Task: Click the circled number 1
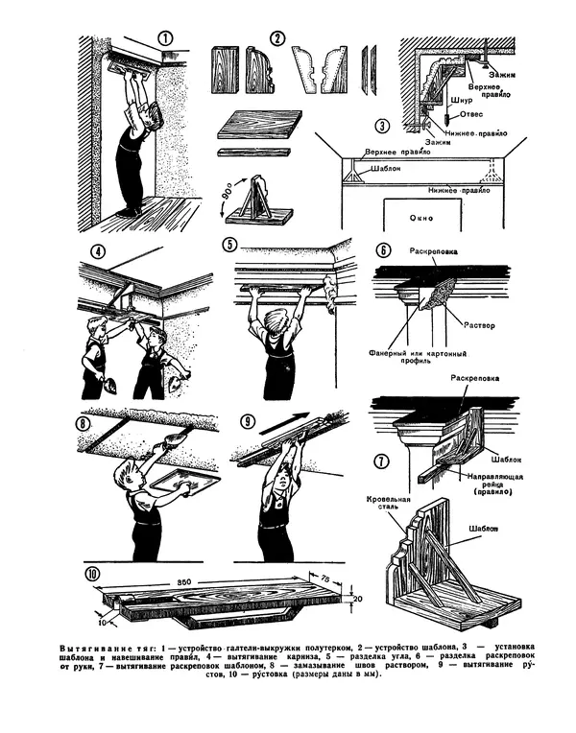(165, 39)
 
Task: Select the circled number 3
(381, 125)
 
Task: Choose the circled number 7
(383, 461)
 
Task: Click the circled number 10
(91, 575)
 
